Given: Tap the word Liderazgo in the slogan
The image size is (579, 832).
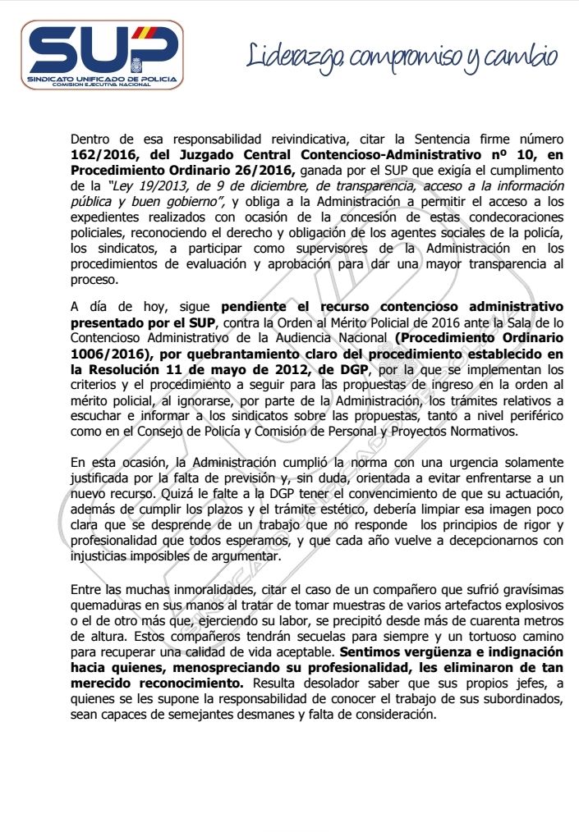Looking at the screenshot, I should pyautogui.click(x=296, y=56).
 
